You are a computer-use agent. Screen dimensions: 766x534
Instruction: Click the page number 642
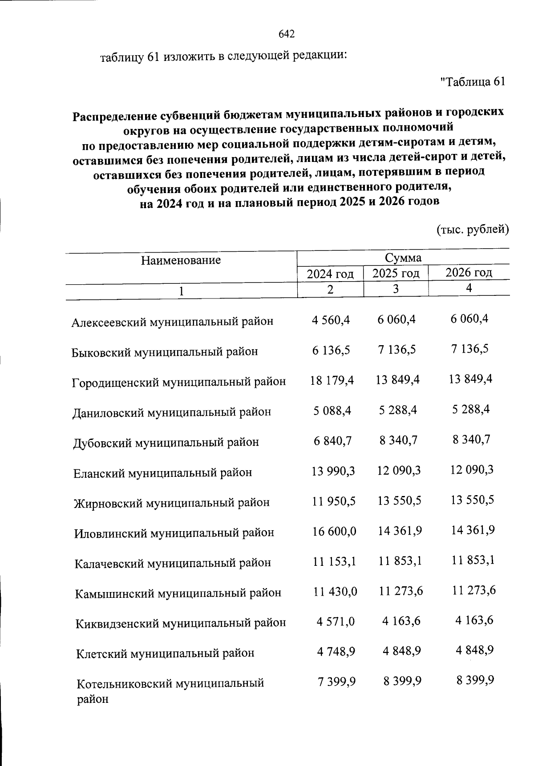click(287, 34)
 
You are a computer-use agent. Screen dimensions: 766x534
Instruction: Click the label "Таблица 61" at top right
click(472, 82)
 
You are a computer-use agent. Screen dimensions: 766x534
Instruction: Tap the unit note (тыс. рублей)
click(472, 230)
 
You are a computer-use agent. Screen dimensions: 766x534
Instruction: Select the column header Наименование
click(181, 260)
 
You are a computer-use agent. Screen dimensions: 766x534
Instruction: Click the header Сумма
click(403, 258)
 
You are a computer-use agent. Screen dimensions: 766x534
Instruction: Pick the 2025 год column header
click(396, 273)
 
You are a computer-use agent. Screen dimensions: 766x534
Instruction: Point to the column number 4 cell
click(469, 288)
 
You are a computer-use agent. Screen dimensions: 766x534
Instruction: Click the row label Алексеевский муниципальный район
click(172, 321)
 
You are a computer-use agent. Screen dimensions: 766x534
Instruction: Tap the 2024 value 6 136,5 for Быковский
click(331, 350)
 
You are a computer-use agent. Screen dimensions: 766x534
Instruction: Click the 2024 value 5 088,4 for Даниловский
click(332, 410)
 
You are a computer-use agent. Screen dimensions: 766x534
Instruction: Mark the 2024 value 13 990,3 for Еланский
click(333, 471)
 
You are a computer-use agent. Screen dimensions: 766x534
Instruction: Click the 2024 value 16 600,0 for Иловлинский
click(334, 531)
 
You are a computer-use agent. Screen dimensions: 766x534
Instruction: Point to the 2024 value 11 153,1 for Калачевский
click(334, 561)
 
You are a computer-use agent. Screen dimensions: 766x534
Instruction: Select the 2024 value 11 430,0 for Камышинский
click(335, 592)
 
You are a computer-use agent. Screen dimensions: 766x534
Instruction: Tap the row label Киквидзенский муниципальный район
click(181, 623)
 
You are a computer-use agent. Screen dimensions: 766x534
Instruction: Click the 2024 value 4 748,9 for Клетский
click(336, 652)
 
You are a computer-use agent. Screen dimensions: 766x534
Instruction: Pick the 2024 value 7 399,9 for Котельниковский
click(336, 681)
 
